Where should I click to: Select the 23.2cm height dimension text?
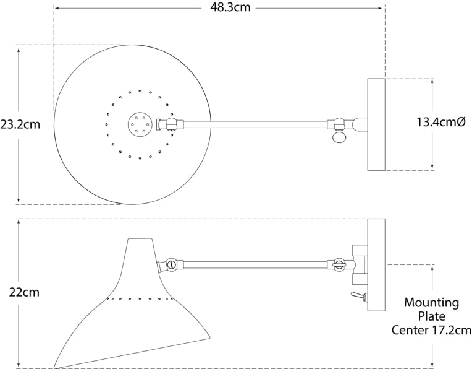click(x=20, y=124)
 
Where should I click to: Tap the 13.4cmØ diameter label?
click(x=440, y=123)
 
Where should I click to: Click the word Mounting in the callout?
click(x=431, y=303)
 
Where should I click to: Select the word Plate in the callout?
click(x=431, y=316)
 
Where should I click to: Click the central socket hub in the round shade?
click(x=137, y=124)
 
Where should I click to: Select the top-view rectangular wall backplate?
click(x=376, y=124)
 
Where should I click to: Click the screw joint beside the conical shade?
click(x=171, y=265)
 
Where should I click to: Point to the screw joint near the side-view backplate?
click(x=338, y=264)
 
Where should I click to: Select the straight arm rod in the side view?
click(x=253, y=265)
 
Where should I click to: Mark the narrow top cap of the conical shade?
click(x=139, y=241)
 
